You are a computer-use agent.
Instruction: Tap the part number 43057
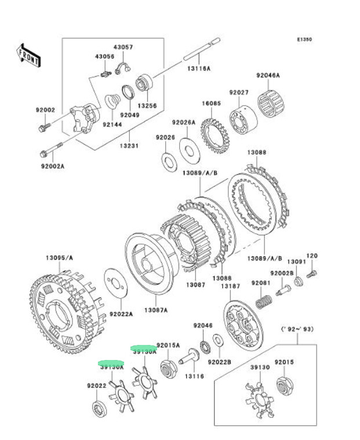[123, 46]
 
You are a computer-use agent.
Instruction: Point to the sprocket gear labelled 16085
[214, 136]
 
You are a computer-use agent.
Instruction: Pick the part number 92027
[238, 93]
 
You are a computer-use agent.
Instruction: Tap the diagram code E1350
[304, 40]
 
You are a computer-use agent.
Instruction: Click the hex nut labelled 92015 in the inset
[285, 385]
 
